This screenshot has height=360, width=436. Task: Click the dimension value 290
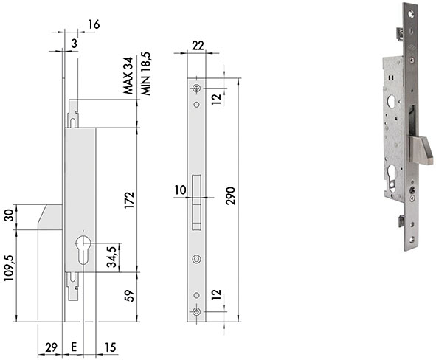pyautogui.click(x=230, y=196)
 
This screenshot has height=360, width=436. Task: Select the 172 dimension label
pyautogui.click(x=130, y=200)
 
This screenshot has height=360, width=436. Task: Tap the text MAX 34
pyautogui.click(x=128, y=75)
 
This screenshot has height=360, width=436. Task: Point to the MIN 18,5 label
pyautogui.click(x=146, y=74)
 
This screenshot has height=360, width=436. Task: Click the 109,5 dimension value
pyautogui.click(x=9, y=268)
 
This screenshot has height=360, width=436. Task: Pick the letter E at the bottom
pyautogui.click(x=74, y=347)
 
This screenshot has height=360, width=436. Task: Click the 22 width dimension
pyautogui.click(x=198, y=46)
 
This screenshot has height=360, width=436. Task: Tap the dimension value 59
pyautogui.click(x=129, y=296)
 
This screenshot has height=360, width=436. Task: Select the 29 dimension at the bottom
pyautogui.click(x=51, y=347)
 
